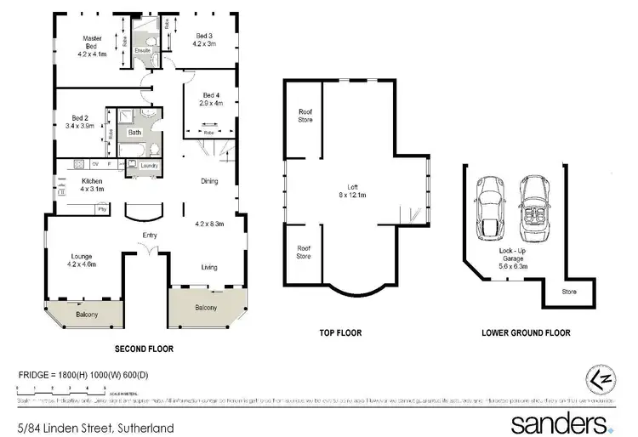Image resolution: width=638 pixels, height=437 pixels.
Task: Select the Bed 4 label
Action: pos(212,94)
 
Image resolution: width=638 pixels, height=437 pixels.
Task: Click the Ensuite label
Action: pos(143,50)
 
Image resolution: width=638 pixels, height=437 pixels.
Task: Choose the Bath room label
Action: pos(134,133)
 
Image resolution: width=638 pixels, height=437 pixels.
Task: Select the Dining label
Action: pos(209,181)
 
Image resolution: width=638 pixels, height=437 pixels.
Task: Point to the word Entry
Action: pos(150,236)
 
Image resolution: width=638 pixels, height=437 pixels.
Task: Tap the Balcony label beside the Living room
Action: pos(206,308)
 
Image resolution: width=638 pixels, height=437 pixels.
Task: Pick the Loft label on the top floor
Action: pos(351,187)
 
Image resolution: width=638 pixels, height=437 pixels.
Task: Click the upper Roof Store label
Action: pos(305,116)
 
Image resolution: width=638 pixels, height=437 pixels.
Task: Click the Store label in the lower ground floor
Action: pos(568,292)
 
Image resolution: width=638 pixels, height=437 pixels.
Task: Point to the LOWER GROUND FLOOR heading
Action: pos(526,333)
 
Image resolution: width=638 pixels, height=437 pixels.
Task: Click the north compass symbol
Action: pos(599,378)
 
